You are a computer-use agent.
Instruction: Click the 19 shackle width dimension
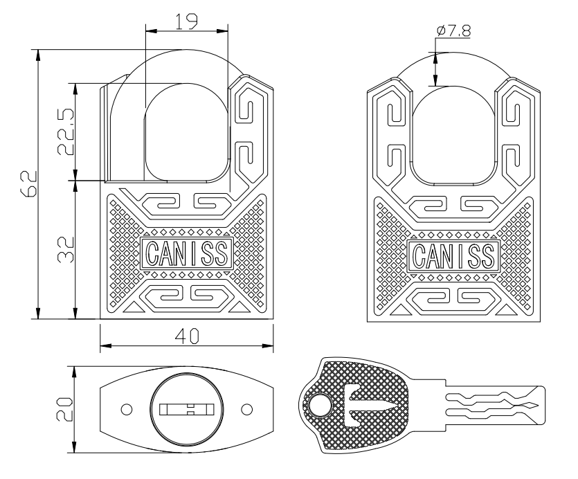(186, 21)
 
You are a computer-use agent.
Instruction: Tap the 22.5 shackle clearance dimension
(66, 132)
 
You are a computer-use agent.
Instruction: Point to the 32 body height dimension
(66, 249)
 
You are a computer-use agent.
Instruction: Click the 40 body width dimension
(187, 336)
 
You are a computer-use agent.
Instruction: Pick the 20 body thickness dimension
(64, 409)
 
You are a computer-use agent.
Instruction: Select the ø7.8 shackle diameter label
(453, 30)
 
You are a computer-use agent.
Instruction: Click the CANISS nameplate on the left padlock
(187, 253)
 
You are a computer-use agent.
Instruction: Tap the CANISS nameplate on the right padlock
(454, 255)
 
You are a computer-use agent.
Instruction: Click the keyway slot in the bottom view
(187, 409)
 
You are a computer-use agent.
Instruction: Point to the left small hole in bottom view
(127, 409)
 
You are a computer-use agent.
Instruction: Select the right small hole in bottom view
(246, 409)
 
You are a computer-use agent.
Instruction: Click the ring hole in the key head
(319, 406)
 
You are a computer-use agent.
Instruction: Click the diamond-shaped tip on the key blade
(530, 406)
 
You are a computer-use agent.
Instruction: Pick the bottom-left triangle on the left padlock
(132, 307)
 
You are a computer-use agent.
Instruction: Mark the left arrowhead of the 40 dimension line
(105, 345)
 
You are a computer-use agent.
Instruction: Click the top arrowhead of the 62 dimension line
(38, 55)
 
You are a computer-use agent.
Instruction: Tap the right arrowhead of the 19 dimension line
(222, 31)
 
